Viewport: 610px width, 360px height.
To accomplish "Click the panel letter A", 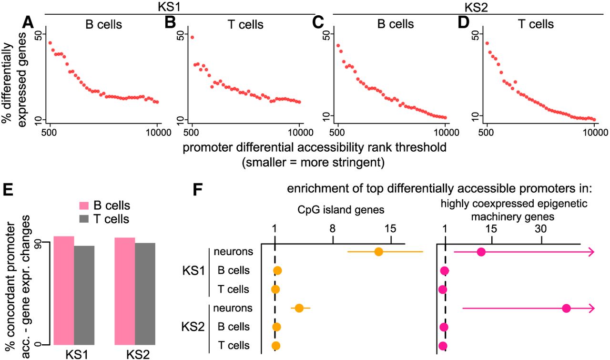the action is coord(28,22).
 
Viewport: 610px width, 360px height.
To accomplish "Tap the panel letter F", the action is coord(199,189).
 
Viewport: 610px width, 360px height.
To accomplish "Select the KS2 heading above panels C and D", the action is coord(476,7).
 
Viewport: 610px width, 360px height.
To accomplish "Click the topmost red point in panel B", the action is coord(192,37).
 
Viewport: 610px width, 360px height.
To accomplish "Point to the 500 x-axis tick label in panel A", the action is coord(50,133).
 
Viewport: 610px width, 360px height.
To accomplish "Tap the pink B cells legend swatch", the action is coord(84,206).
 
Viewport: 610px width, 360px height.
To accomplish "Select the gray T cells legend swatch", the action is coord(84,219).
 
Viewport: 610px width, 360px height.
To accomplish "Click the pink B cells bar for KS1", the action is coord(64,290).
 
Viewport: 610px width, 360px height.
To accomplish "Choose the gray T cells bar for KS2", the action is coord(145,294).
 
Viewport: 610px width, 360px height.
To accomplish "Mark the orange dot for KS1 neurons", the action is coord(378,252).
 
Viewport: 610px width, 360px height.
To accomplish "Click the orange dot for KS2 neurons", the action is coord(299,308).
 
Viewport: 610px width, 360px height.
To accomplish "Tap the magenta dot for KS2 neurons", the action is coord(567,308).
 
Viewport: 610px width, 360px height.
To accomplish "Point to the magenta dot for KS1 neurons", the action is coord(481,252).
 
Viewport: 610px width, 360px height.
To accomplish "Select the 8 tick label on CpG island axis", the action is coord(333,228).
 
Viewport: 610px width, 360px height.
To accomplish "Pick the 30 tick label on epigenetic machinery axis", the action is coord(541,228).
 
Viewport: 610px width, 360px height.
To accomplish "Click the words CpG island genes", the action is coord(341,210).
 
